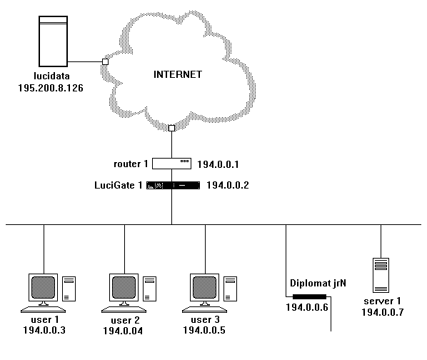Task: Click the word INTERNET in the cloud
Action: click(179, 74)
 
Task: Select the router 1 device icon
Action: click(171, 164)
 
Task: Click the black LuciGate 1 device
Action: click(171, 185)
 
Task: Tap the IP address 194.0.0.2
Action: click(228, 185)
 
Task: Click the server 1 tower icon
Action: click(381, 274)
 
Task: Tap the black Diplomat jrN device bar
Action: click(308, 296)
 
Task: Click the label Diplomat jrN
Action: click(318, 283)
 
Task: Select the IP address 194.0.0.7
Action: click(382, 313)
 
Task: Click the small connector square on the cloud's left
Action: click(105, 62)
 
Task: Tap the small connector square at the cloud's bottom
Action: click(171, 129)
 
